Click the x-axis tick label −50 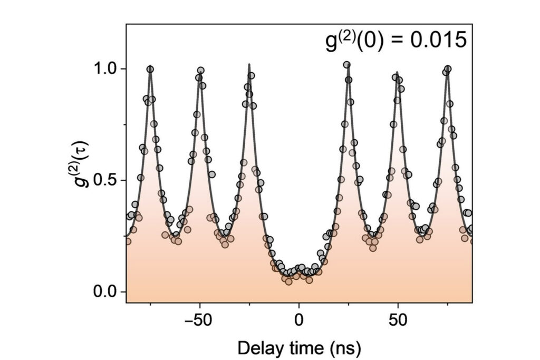pyautogui.click(x=197, y=320)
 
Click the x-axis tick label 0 pyautogui.click(x=299, y=320)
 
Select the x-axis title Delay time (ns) pyautogui.click(x=299, y=348)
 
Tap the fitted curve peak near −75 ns pyautogui.click(x=151, y=69)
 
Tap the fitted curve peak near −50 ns pyautogui.click(x=200, y=72)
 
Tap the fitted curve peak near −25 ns pyautogui.click(x=249, y=65)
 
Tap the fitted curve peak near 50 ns pyautogui.click(x=397, y=73)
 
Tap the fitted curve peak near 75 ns pyautogui.click(x=447, y=69)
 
